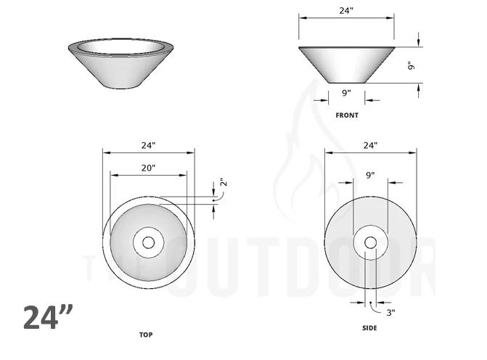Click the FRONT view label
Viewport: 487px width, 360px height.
click(346, 115)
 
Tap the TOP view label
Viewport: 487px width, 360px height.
click(145, 335)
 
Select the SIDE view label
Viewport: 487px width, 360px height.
click(369, 328)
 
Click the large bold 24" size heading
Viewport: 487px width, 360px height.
click(48, 317)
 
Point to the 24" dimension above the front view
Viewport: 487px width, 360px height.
click(346, 11)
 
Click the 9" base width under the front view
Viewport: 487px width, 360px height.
click(346, 92)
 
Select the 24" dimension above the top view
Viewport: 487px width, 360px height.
click(148, 145)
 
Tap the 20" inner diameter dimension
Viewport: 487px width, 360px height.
click(148, 168)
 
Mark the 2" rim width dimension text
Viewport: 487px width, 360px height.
click(223, 184)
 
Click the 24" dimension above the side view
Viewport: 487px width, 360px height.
click(370, 145)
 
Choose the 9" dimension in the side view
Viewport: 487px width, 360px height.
click(370, 175)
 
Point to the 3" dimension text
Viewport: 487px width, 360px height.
click(390, 313)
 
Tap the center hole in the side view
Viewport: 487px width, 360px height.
click(370, 242)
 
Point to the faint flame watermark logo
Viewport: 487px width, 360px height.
click(305, 167)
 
